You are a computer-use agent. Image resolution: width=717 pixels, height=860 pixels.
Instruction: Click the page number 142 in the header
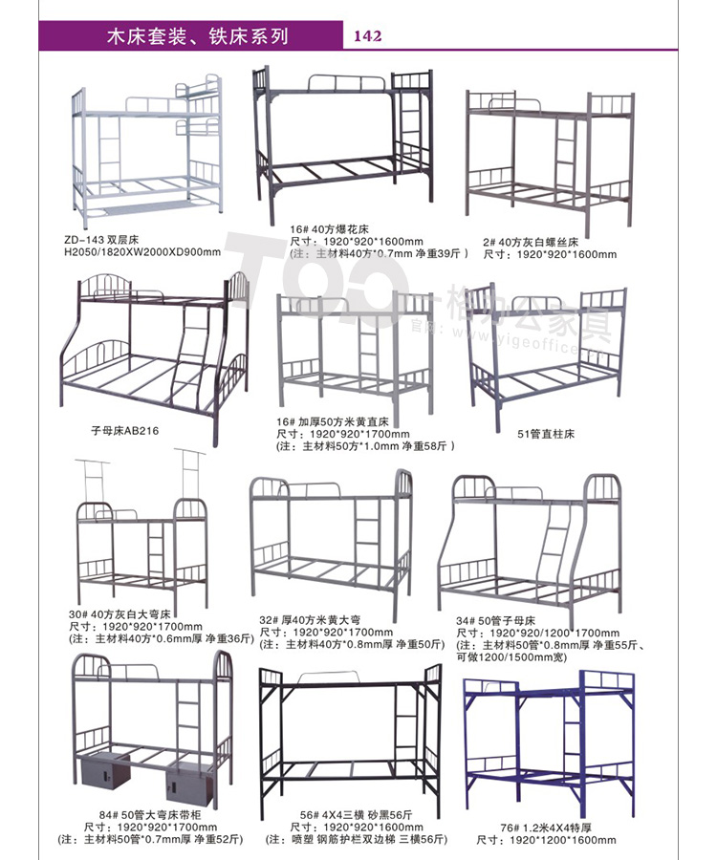pyautogui.click(x=368, y=36)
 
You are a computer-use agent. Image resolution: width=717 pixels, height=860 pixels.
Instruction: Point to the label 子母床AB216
pyautogui.click(x=123, y=431)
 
